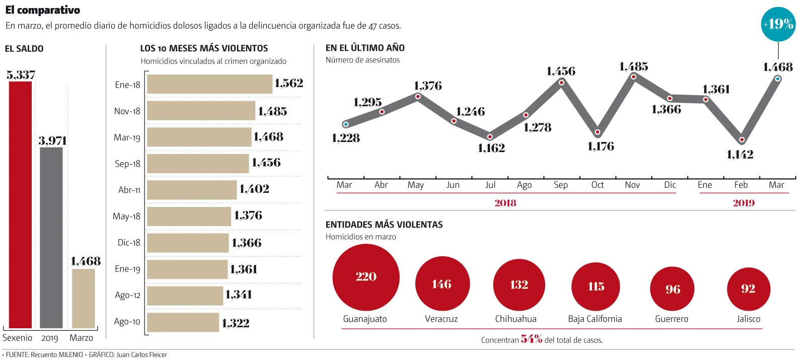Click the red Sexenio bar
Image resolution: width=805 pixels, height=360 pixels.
[x=20, y=204]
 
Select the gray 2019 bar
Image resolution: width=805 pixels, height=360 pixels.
[x=51, y=237]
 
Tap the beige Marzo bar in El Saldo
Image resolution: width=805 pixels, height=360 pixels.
[x=83, y=298]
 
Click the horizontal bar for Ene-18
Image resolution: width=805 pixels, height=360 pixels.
[x=209, y=84]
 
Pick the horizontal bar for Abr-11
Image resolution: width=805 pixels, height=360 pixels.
[x=192, y=190]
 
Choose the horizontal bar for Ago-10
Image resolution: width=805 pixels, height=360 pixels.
[x=183, y=322]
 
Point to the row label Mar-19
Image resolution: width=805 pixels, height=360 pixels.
[x=127, y=137]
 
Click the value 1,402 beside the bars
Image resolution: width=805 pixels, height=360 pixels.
[x=254, y=189]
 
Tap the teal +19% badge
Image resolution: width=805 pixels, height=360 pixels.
[x=778, y=24]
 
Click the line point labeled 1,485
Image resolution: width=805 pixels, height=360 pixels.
[x=633, y=77]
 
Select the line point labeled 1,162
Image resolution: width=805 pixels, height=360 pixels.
[x=490, y=136]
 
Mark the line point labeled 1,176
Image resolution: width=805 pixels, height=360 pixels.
[x=598, y=132]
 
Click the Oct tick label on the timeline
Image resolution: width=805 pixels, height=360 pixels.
[x=598, y=185]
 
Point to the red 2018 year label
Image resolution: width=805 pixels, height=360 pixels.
[x=505, y=203]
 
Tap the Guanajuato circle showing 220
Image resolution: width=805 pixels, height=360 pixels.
[x=366, y=277]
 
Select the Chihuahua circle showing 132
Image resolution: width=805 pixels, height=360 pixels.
[x=519, y=285]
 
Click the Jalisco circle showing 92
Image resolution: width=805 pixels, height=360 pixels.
[x=748, y=289]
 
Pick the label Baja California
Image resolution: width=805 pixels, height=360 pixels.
[x=595, y=319]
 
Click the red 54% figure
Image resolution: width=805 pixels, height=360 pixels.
[x=531, y=339]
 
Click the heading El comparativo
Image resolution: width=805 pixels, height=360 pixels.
[x=43, y=10]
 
